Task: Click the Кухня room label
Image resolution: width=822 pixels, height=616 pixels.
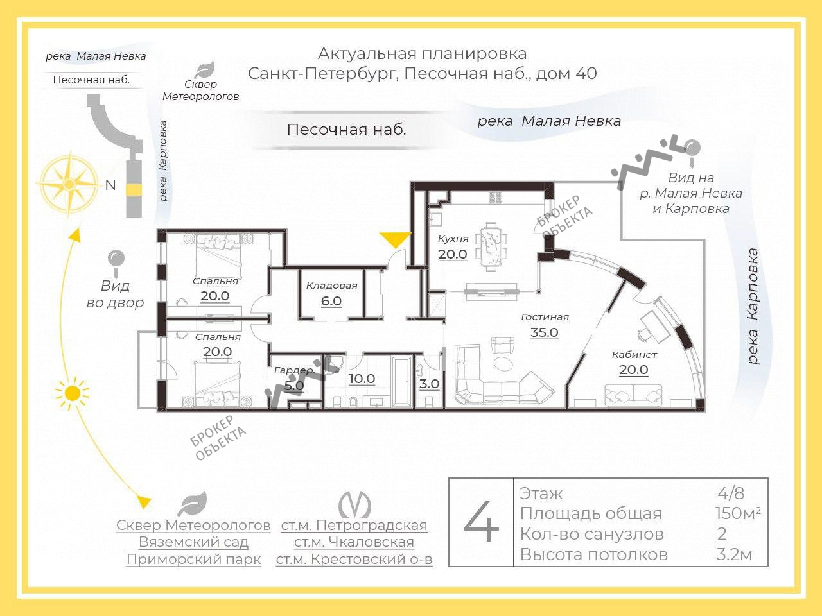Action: click(x=453, y=239)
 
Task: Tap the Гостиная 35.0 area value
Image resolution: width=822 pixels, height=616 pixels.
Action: click(x=544, y=332)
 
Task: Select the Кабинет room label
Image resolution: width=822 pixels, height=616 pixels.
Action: click(x=634, y=355)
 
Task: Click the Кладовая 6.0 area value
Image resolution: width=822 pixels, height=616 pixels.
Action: click(x=331, y=300)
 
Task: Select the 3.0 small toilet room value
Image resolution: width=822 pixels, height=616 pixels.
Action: click(x=429, y=384)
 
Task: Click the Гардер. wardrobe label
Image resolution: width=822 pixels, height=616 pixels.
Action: click(x=293, y=371)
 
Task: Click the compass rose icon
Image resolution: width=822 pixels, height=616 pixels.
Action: click(x=68, y=185)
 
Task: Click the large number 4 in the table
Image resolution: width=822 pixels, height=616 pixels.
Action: click(x=481, y=523)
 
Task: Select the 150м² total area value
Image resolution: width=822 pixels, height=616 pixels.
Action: click(x=737, y=513)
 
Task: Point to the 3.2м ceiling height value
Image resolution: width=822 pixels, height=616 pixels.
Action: click(x=733, y=554)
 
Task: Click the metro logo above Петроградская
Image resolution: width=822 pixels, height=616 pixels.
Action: click(x=354, y=504)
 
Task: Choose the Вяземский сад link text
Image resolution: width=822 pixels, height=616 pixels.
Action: click(x=193, y=542)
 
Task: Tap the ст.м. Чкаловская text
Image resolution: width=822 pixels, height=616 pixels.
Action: click(x=354, y=542)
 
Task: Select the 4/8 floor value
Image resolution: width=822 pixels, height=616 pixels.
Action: click(x=731, y=493)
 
